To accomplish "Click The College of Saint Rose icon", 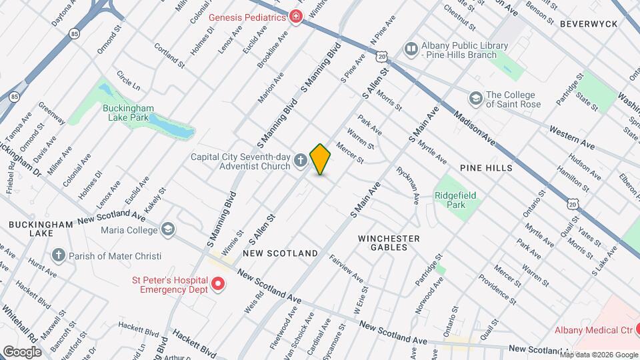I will click(x=475, y=99).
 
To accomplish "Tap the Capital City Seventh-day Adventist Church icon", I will click(x=301, y=161).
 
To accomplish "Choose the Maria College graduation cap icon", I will click(x=167, y=230).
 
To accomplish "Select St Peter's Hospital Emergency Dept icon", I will click(x=217, y=285).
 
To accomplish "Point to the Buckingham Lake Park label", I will click(x=129, y=112).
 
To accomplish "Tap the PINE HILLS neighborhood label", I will click(x=485, y=168).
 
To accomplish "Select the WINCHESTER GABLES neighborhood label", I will click(x=389, y=243).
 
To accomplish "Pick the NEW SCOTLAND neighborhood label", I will click(x=280, y=253).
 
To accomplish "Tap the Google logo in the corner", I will click(x=22, y=351).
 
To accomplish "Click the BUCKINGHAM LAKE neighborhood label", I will click(x=41, y=229).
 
